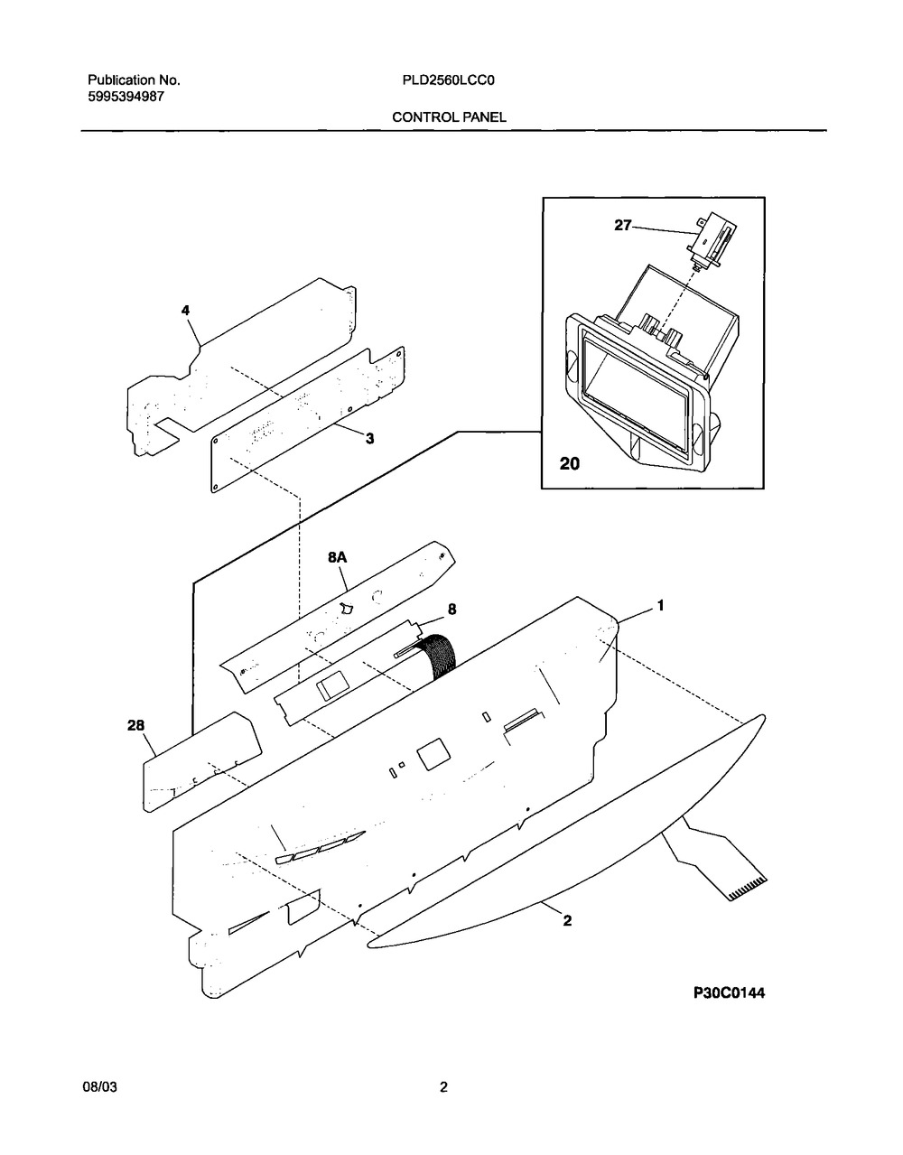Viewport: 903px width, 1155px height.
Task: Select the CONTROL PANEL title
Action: (449, 117)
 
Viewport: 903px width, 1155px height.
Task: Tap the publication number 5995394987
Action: (126, 97)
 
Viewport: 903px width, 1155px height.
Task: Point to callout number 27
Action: (622, 226)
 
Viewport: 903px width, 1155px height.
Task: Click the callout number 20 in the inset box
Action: (570, 464)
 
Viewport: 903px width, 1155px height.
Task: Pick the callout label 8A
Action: (337, 557)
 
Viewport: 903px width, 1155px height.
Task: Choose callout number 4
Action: (185, 310)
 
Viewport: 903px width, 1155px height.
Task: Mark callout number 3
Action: (369, 439)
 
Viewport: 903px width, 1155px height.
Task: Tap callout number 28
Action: (136, 725)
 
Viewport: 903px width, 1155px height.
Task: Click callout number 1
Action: (661, 605)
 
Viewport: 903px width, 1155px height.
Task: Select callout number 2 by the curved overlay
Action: (567, 920)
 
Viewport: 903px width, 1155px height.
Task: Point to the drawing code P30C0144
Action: (729, 992)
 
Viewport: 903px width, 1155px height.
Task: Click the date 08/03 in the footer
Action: (100, 1087)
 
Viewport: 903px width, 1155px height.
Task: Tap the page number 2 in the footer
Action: (443, 1087)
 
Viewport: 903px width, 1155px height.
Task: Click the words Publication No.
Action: (134, 80)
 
